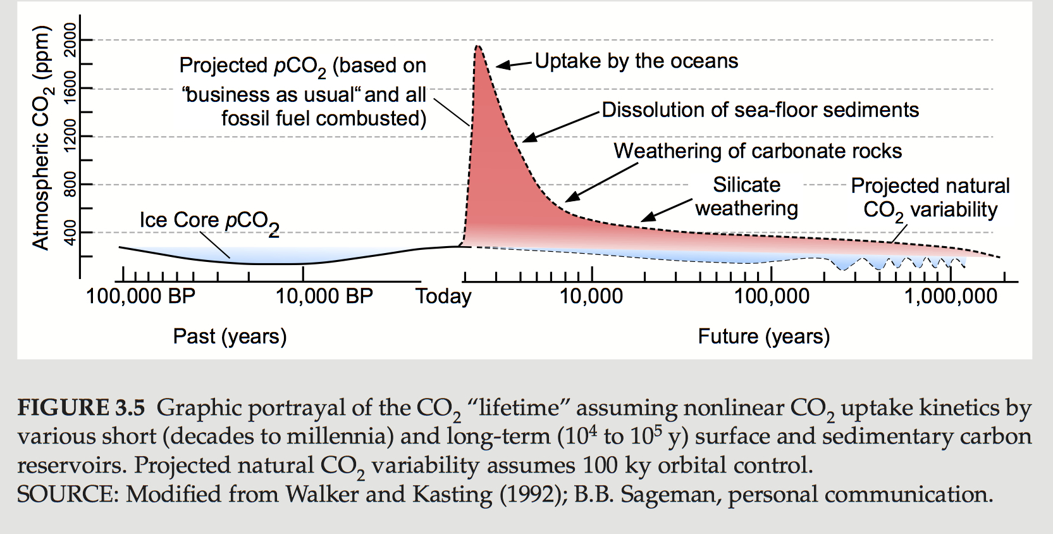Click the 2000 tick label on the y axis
[x=70, y=39]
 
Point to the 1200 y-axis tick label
[x=70, y=135]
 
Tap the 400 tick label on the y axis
[x=70, y=232]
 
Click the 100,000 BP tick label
[x=140, y=296]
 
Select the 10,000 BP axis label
[x=324, y=296]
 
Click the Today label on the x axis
[x=443, y=296]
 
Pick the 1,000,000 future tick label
[x=951, y=296]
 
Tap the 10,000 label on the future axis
[x=591, y=296]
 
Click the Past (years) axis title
[x=230, y=336]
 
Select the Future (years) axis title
[x=763, y=336]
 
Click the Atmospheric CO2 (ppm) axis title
[x=41, y=138]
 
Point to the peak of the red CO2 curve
[x=477, y=46]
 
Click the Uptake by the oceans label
[x=636, y=61]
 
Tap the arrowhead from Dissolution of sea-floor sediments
[x=527, y=139]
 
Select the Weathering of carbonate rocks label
[x=758, y=151]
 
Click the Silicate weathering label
[x=746, y=196]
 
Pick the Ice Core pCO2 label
[x=209, y=221]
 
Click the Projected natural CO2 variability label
[x=930, y=197]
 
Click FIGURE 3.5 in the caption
[x=81, y=407]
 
